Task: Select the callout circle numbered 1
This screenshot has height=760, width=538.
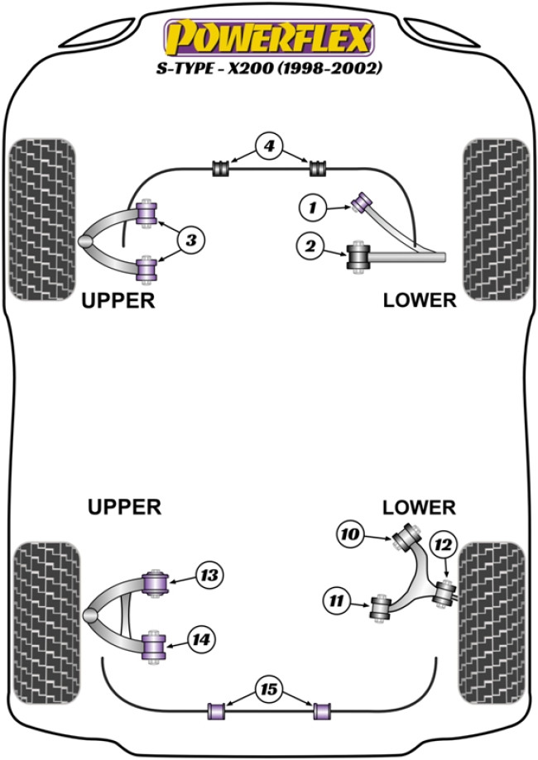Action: tap(312, 209)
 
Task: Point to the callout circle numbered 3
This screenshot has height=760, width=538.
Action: tap(190, 241)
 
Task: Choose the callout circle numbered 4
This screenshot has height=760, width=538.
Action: tap(267, 147)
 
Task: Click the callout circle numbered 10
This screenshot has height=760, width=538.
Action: tap(350, 535)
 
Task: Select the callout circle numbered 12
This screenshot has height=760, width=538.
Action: tap(443, 544)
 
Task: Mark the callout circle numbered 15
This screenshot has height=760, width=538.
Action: tap(268, 688)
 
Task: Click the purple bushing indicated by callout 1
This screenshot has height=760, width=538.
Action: tap(362, 201)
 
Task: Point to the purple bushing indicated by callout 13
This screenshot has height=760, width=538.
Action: tap(155, 582)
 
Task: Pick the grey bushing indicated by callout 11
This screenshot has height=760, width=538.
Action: tap(382, 609)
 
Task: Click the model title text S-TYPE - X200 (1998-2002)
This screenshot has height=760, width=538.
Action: tap(268, 69)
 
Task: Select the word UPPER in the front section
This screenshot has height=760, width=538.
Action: tap(118, 300)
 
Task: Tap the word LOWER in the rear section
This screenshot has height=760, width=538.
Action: tap(419, 506)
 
